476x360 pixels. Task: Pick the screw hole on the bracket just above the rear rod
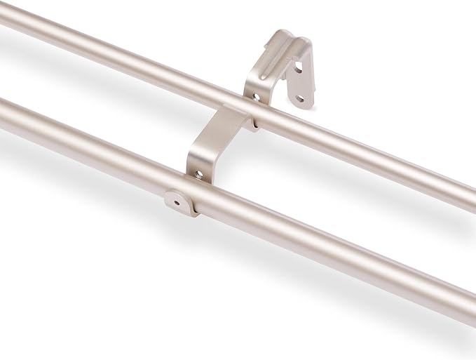pyautogui.click(x=257, y=98)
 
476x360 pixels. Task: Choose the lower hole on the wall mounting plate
pyautogui.click(x=300, y=99)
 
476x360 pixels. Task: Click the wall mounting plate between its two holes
pyautogui.click(x=300, y=84)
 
